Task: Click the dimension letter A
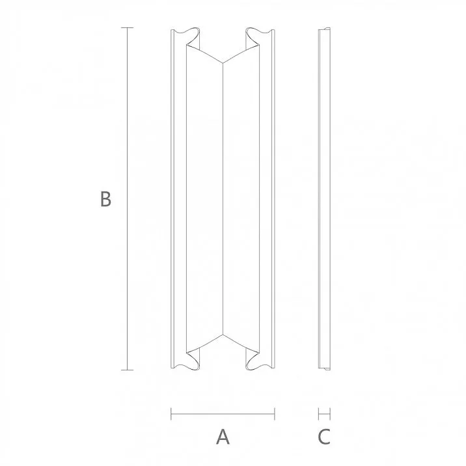click(x=223, y=437)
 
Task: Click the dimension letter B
click(x=105, y=199)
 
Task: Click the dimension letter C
click(x=324, y=437)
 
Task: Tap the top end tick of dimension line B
click(x=127, y=28)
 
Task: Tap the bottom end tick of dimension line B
click(x=127, y=370)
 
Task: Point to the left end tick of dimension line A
click(x=171, y=413)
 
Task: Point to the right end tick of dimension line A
click(x=275, y=413)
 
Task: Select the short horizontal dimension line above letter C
click(x=324, y=413)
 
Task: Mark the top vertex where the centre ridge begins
click(x=223, y=64)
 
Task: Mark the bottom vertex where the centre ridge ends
click(x=223, y=335)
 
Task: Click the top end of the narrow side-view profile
click(x=324, y=30)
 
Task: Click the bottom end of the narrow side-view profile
click(x=324, y=369)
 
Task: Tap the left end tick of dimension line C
click(x=318, y=413)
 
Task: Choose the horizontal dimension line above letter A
click(x=223, y=413)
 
